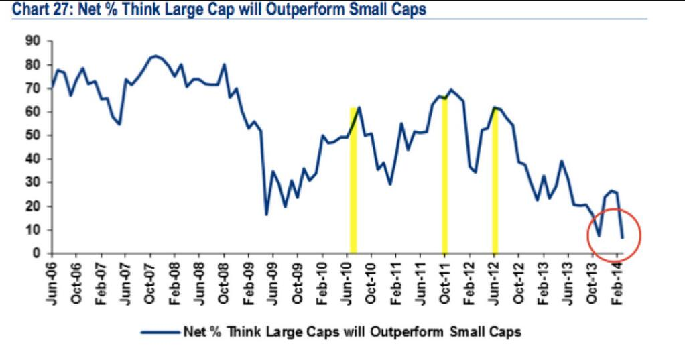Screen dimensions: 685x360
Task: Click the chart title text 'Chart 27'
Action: (x=41, y=9)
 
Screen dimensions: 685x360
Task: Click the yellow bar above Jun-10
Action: (x=353, y=180)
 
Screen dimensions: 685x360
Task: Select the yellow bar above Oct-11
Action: (x=445, y=175)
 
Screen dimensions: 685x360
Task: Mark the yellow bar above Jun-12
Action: (x=495, y=180)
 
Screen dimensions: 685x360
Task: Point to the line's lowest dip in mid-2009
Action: (x=266, y=215)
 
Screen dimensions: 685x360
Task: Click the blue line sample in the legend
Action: (x=160, y=332)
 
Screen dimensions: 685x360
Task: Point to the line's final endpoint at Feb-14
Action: (x=622, y=238)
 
